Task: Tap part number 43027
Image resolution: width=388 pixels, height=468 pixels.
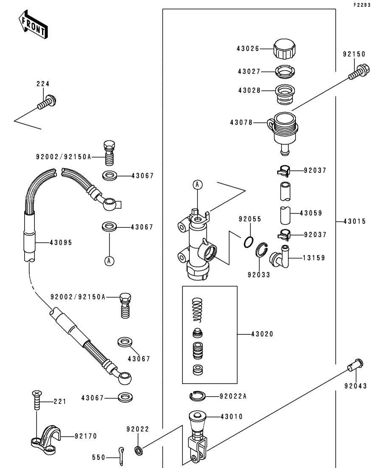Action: pos(249,72)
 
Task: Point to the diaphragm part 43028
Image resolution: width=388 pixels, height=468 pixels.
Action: pos(285,95)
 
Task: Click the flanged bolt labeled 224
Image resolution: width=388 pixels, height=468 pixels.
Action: pos(47,102)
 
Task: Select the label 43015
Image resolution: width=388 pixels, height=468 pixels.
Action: pos(354,221)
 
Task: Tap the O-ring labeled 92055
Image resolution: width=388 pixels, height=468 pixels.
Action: pos(249,242)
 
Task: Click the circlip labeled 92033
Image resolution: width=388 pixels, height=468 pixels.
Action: pos(261,250)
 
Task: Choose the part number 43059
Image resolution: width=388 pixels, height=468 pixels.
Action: pos(311,213)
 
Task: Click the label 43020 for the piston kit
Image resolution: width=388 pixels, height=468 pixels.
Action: pos(262,334)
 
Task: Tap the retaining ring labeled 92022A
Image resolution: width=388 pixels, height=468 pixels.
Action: pos(197,396)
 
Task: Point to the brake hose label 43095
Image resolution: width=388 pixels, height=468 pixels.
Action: pos(61,243)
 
